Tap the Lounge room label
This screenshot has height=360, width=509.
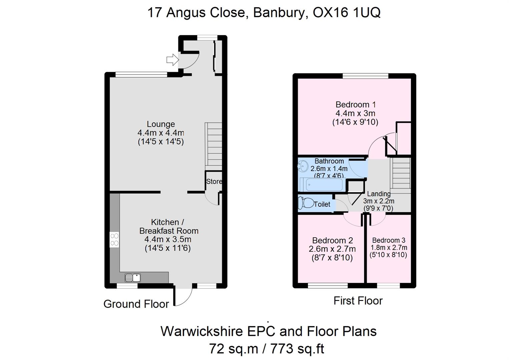point(161,124)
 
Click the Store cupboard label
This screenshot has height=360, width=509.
point(214,182)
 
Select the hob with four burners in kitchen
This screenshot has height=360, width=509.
point(114,239)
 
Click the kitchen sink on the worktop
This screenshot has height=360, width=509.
point(132,277)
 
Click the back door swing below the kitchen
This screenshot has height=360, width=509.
point(183,296)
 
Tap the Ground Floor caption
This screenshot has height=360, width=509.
point(136,304)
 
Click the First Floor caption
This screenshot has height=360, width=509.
point(358,301)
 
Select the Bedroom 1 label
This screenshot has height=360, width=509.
point(355,105)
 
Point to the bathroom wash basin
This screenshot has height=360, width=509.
point(303,165)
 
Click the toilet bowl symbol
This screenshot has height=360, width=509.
point(306,203)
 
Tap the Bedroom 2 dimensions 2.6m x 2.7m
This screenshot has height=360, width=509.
point(332,249)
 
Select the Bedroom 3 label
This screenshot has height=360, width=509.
point(389,240)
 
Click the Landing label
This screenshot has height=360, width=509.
point(379,194)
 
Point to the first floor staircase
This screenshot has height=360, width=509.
point(401,174)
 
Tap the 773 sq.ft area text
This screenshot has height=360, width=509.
point(297,349)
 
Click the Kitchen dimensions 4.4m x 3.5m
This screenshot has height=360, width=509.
point(168,239)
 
